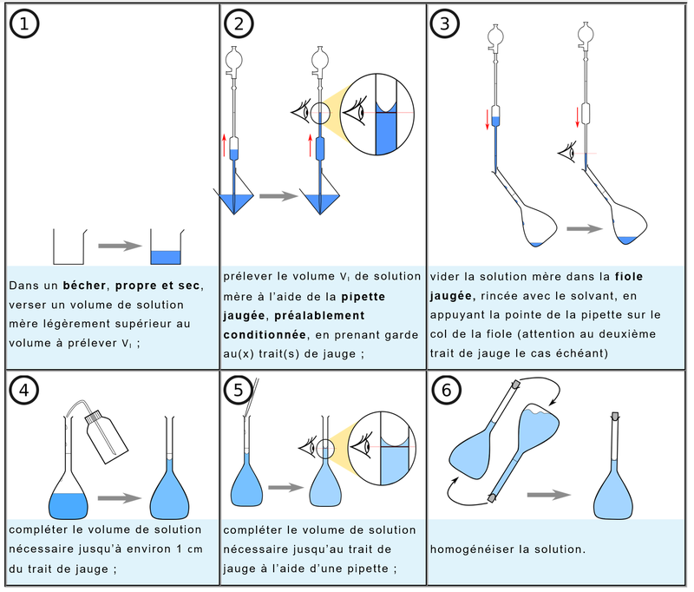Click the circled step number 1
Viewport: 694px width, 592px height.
coord(23,23)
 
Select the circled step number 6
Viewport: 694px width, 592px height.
coord(446,390)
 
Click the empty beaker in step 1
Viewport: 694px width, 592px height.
coord(68,247)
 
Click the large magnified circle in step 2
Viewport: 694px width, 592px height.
coord(376,115)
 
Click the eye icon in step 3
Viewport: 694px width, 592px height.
coord(567,153)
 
